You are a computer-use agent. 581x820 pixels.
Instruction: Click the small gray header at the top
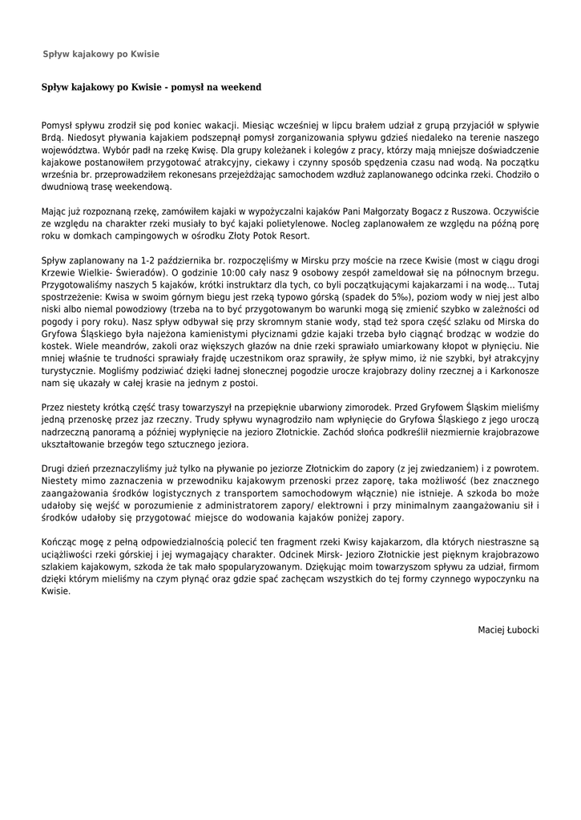point(101,54)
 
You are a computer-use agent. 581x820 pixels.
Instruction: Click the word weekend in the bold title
point(238,86)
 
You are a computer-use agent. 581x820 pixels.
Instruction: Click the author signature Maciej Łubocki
point(508,630)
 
